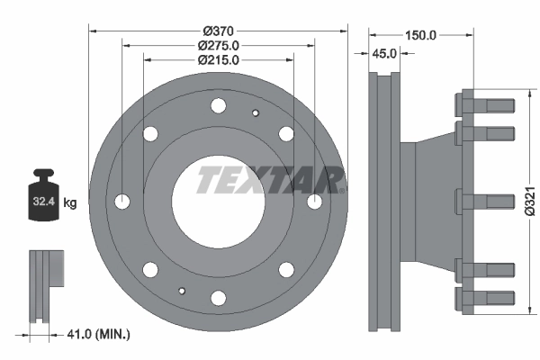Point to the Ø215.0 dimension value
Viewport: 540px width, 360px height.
[x=218, y=60]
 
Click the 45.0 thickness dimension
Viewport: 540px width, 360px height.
[x=384, y=54]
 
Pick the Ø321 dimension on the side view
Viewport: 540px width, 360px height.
[x=531, y=202]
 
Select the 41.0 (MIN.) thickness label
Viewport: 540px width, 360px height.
[x=98, y=335]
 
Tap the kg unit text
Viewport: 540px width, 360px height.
[x=70, y=203]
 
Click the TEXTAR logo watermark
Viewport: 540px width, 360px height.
[x=270, y=179]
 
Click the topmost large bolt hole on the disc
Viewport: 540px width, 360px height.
[x=218, y=106]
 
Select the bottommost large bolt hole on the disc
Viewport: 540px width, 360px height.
[x=218, y=296]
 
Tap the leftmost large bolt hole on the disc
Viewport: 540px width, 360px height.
[x=123, y=201]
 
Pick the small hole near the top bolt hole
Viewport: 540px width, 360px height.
[x=256, y=112]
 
